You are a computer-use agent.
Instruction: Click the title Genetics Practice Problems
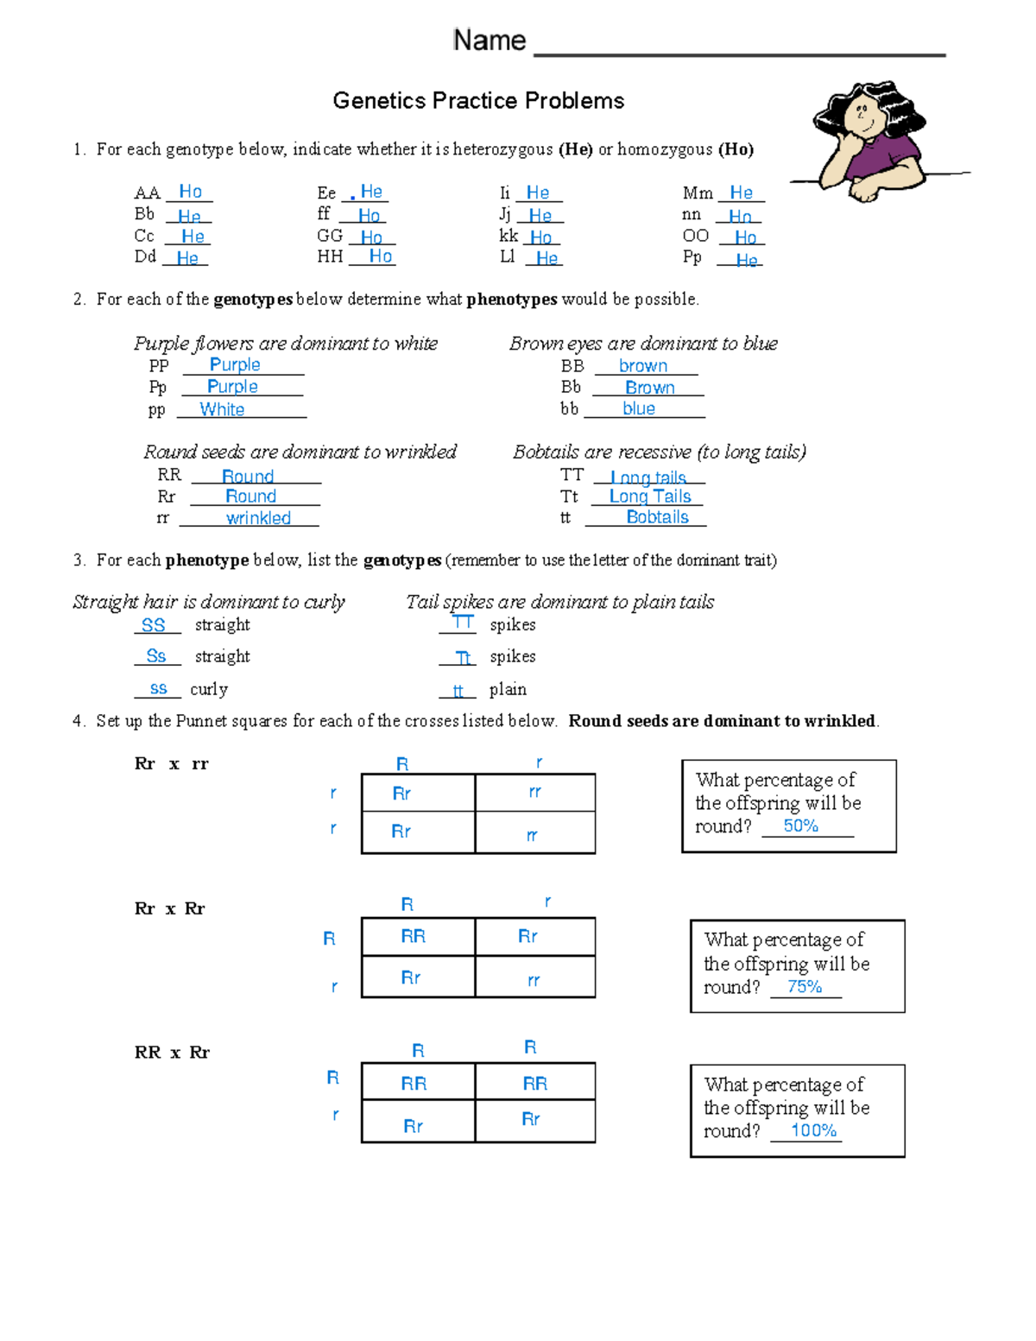tap(478, 101)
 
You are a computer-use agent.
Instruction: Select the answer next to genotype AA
tap(190, 192)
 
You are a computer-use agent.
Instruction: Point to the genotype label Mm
tap(698, 193)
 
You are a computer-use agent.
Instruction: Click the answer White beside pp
tap(222, 409)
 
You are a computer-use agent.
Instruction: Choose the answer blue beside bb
tap(639, 408)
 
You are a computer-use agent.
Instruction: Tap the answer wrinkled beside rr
tap(258, 518)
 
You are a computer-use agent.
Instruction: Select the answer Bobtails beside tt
tap(657, 517)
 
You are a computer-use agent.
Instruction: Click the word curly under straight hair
tap(209, 689)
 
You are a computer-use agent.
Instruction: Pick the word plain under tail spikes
tap(508, 689)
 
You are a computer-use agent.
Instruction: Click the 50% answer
tap(800, 825)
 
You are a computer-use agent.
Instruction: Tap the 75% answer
tap(804, 986)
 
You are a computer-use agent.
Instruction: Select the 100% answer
tap(813, 1130)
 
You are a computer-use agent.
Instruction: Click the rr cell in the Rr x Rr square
tap(534, 980)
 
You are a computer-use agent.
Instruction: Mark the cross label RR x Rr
tap(172, 1052)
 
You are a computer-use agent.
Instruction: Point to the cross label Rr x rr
tap(171, 763)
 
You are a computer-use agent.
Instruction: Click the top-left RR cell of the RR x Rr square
tap(414, 1083)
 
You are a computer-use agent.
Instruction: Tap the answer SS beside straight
tap(153, 625)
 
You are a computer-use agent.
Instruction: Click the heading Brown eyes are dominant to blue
tap(643, 344)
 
